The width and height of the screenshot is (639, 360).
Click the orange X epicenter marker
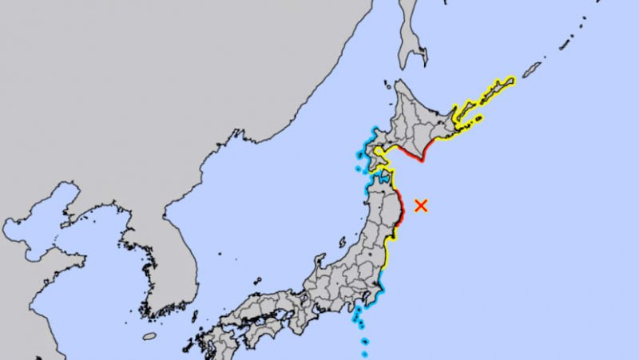click(x=421, y=205)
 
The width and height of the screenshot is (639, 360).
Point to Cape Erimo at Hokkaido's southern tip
click(x=422, y=159)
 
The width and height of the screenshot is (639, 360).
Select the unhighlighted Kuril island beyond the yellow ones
click(x=530, y=69)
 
